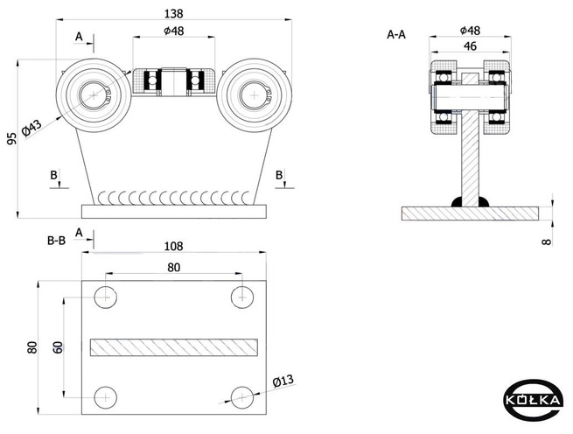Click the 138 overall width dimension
(x=173, y=14)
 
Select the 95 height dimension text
(x=11, y=138)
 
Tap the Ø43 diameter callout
(x=31, y=128)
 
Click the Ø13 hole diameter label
(x=283, y=381)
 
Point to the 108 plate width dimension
(x=173, y=247)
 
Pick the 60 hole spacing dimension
(x=58, y=347)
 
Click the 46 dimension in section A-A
(x=470, y=46)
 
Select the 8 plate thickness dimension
(x=547, y=241)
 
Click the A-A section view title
(x=396, y=35)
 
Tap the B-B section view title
(x=57, y=241)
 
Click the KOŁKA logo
(x=532, y=400)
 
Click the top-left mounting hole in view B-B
(x=105, y=297)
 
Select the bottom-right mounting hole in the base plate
(x=242, y=397)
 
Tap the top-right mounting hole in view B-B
(x=242, y=297)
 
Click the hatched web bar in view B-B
(x=174, y=347)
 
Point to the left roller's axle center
(x=94, y=95)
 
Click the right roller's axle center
(x=254, y=95)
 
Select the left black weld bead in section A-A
(x=457, y=202)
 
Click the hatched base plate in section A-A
(x=471, y=213)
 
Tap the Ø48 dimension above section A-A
(x=470, y=31)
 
